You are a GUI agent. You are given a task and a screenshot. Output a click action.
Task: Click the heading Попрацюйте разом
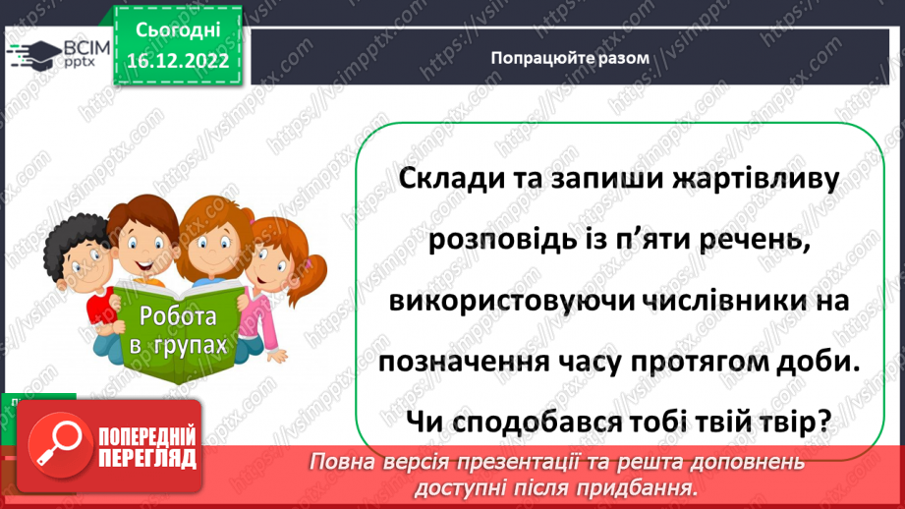tap(570, 58)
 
